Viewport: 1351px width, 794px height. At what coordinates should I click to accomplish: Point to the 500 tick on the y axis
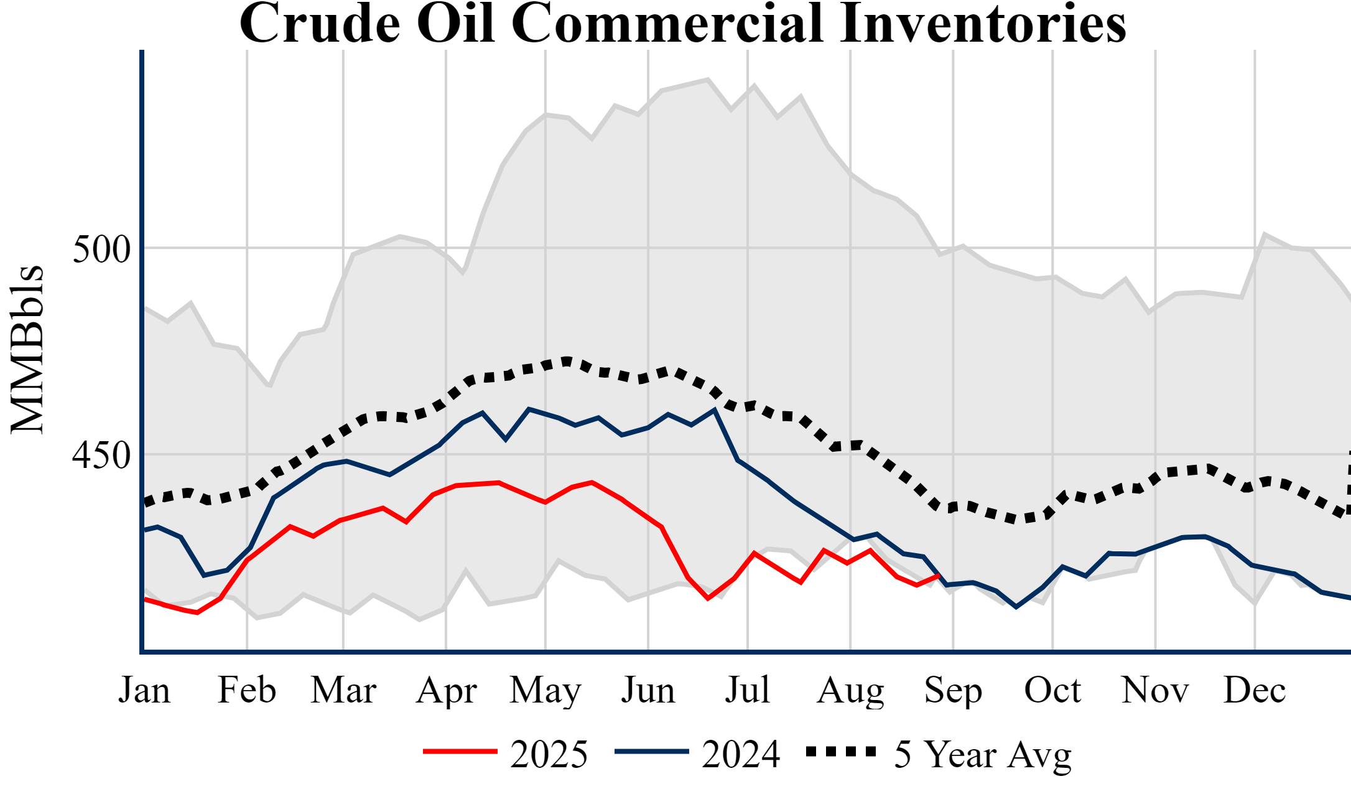tap(101, 250)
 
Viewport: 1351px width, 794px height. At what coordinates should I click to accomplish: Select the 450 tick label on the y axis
tap(101, 455)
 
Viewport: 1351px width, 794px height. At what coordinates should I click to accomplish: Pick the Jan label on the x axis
tap(144, 691)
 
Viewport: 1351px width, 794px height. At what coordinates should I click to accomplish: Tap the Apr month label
tap(446, 691)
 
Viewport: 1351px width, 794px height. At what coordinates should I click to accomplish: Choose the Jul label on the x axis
tap(747, 691)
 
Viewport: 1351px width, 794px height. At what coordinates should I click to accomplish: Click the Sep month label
tap(953, 691)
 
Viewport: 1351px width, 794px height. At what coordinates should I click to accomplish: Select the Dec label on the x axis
tap(1255, 691)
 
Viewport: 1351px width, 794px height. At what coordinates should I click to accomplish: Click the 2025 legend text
tap(549, 755)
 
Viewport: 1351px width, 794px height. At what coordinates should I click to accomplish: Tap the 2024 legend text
tap(740, 755)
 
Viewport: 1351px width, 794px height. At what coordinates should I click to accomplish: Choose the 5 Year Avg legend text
tap(983, 755)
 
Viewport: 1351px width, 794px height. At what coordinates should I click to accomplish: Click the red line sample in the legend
tap(460, 752)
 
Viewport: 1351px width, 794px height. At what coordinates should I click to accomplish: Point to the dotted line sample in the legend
tap(841, 752)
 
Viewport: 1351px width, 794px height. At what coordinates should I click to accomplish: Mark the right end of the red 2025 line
tap(939, 576)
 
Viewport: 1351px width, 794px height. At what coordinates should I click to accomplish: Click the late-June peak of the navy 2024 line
tap(715, 409)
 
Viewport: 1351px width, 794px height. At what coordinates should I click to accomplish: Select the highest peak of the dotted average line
tap(567, 360)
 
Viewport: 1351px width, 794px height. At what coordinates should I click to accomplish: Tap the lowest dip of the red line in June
tap(708, 599)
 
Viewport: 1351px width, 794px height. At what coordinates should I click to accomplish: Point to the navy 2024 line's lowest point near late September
tap(1016, 607)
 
